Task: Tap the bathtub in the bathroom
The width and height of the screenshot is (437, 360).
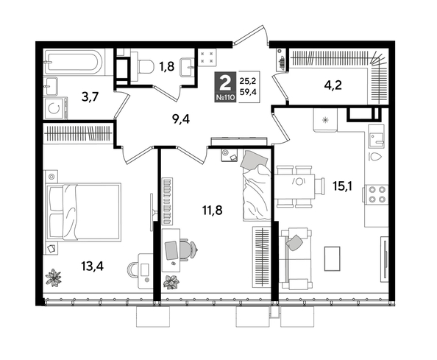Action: coord(74,60)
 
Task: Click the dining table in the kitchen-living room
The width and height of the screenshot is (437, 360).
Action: coord(299,183)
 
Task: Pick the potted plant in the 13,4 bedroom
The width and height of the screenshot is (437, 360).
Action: coord(54,278)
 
